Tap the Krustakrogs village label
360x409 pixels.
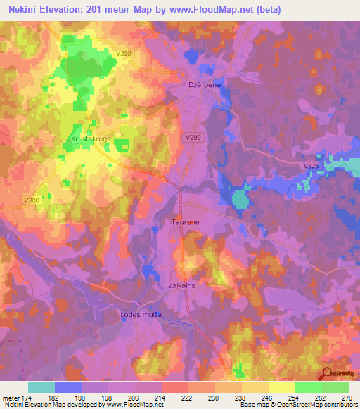click(91, 138)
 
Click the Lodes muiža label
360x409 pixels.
click(141, 315)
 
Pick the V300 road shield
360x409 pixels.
click(31, 200)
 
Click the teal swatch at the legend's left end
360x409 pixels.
click(41, 387)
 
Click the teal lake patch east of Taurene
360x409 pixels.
click(240, 199)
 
